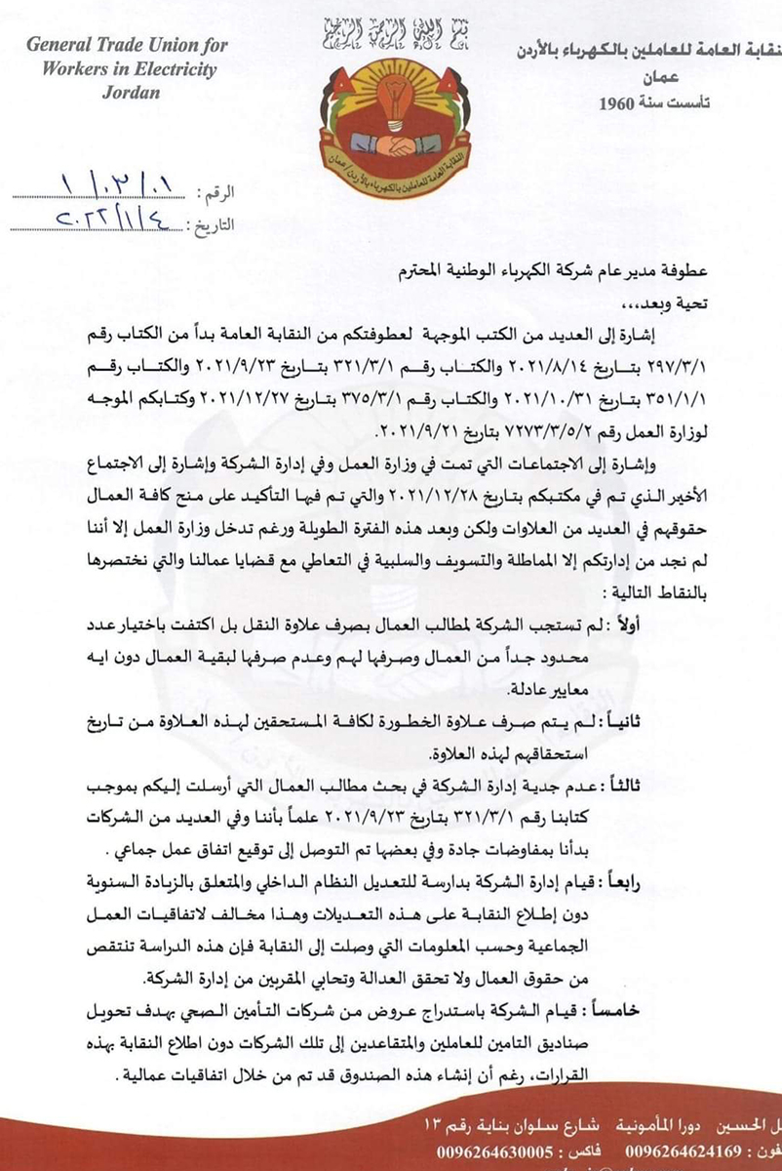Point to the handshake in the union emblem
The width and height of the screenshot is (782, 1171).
396,144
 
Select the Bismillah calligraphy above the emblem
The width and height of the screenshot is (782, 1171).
396,29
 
